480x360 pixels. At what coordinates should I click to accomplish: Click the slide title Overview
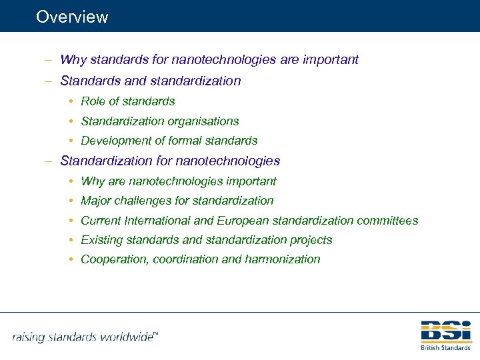[x=72, y=17]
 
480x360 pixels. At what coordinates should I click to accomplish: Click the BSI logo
[x=446, y=331]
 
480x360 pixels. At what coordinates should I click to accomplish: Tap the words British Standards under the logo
[x=446, y=347]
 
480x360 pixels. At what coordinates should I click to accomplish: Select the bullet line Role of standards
[x=127, y=101]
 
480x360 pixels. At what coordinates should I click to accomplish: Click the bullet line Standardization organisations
[x=159, y=121]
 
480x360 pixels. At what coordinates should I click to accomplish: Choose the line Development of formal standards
[x=169, y=141]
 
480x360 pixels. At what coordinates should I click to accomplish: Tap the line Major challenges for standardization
[x=177, y=200]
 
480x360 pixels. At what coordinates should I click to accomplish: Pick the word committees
[x=387, y=220]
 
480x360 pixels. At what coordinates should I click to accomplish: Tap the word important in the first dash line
[x=329, y=60]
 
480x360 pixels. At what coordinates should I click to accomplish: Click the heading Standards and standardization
[x=150, y=81]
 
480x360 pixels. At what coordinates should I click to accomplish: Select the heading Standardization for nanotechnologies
[x=170, y=161]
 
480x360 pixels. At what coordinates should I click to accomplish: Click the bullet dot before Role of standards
[x=70, y=102]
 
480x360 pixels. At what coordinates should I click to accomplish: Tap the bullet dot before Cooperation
[x=70, y=259]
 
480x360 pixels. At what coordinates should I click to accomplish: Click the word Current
[x=100, y=220]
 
